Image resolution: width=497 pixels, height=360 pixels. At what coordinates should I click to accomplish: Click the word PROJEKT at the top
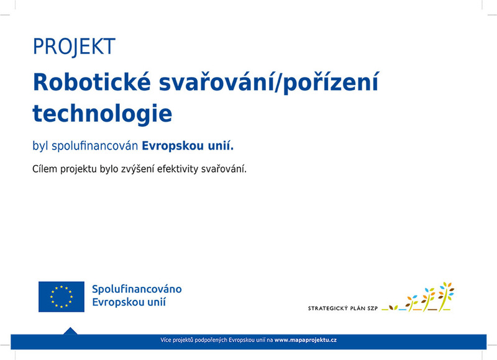tap(74, 47)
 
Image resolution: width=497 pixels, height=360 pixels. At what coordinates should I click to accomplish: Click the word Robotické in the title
tap(91, 82)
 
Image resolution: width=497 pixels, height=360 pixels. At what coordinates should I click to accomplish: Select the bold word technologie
tap(103, 114)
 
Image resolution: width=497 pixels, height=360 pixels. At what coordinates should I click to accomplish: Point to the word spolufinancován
tap(95, 146)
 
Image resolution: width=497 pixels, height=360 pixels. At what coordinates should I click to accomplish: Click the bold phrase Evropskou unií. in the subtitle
tap(188, 146)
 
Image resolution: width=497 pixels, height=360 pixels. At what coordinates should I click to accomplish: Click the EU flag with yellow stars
tap(62, 297)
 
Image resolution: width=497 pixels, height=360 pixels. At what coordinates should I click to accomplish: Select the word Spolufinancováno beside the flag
tap(137, 289)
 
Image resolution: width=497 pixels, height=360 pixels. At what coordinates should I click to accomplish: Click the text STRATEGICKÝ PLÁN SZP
tap(343, 308)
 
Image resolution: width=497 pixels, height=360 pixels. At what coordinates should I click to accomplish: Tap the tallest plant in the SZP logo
tap(446, 296)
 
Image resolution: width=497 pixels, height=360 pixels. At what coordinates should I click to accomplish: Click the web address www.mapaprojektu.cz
tap(306, 340)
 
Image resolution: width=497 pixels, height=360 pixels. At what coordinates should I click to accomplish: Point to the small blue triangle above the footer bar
tap(70, 331)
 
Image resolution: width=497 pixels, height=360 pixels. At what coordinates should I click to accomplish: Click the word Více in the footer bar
tap(166, 340)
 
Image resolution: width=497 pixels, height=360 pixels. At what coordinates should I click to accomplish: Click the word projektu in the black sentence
tap(78, 169)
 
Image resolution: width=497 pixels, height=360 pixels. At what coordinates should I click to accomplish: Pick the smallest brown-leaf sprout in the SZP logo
tap(393, 307)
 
